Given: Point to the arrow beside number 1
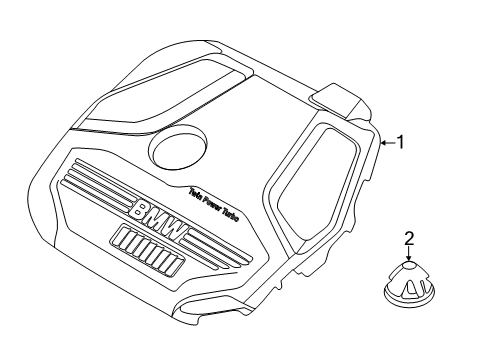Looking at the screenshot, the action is pos(386,144).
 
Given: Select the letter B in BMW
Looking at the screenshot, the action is pos(141,211).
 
